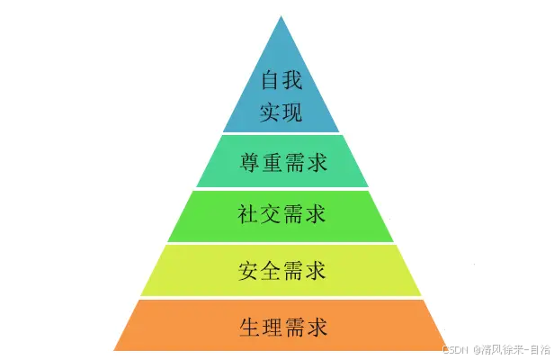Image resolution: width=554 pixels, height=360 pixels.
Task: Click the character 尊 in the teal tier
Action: [249, 162]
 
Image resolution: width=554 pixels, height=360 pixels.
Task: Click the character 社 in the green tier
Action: [248, 215]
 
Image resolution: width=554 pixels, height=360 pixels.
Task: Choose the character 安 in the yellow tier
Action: [248, 269]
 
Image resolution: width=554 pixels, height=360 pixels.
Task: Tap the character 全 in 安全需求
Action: [271, 269]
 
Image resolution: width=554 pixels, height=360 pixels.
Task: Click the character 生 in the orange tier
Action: [249, 325]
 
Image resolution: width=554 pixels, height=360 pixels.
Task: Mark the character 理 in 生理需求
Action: [271, 325]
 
